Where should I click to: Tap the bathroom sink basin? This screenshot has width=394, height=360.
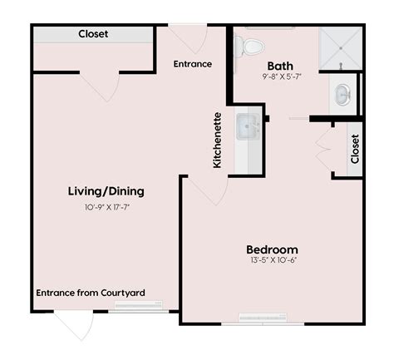click(342, 94)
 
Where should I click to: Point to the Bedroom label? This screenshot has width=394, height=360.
click(272, 249)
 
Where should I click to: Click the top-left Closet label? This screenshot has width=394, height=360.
click(93, 34)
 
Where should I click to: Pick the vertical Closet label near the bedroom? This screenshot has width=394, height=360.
click(356, 150)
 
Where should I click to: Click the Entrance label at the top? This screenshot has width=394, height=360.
click(192, 64)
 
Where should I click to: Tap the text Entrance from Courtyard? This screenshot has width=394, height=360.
click(91, 293)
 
